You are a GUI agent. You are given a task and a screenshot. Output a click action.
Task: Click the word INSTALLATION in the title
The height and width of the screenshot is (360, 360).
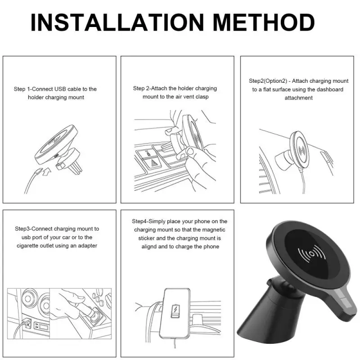pos(117,22)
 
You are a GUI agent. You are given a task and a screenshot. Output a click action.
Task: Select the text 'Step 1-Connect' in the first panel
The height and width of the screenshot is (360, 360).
pos(33,89)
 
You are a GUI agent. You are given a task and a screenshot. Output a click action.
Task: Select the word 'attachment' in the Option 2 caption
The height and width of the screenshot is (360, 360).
pos(298,98)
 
